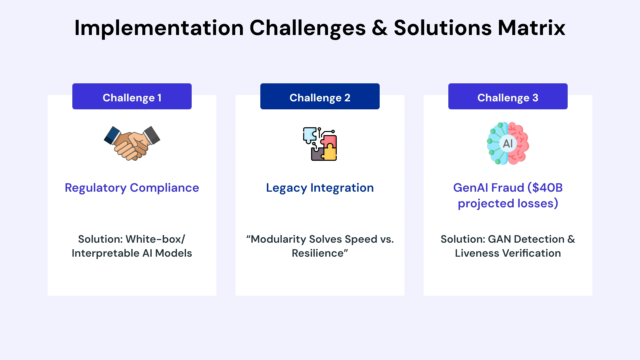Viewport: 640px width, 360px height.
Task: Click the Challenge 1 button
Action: [x=132, y=97]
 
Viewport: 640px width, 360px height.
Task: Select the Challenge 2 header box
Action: [x=320, y=97]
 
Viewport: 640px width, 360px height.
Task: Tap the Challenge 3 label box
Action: [x=508, y=97]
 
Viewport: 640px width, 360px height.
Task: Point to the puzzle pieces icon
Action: [x=320, y=144]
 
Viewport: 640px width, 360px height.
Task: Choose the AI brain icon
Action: [x=508, y=143]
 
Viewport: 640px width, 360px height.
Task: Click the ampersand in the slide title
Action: [x=380, y=28]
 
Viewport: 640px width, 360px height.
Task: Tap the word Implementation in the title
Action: [x=159, y=28]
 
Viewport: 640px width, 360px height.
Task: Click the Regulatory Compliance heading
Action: [x=132, y=188]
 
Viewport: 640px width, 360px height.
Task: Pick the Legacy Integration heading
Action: [x=320, y=188]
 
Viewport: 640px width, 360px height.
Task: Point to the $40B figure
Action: [x=545, y=188]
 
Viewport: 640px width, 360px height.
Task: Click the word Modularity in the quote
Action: [x=278, y=239]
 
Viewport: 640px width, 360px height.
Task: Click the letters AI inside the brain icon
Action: [x=508, y=144]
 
